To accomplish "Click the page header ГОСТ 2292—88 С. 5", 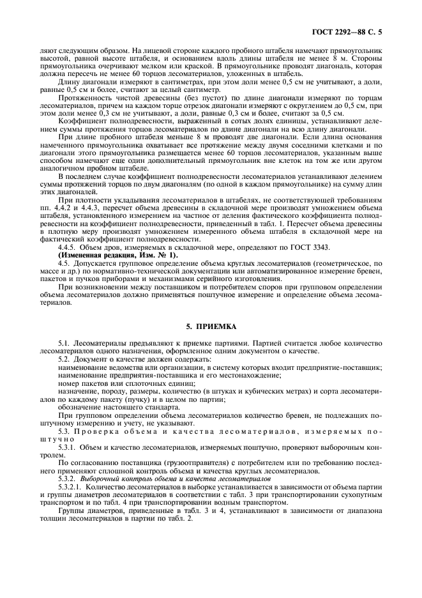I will (x=358, y=30).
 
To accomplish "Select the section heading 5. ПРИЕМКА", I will (x=211, y=326).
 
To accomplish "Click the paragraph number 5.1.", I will (x=64, y=345).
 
